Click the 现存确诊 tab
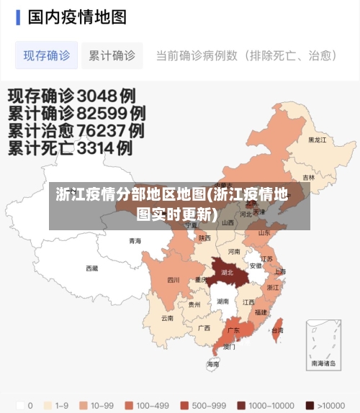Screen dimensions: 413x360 (47, 55)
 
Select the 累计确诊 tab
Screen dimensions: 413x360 (112, 55)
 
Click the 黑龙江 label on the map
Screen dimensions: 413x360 (318, 140)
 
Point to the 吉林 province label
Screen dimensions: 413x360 (309, 178)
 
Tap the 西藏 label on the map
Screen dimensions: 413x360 (92, 268)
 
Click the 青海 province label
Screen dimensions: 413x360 (135, 241)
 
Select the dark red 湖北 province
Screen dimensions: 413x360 (228, 273)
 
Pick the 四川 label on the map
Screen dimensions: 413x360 (174, 280)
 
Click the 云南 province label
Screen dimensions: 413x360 (167, 317)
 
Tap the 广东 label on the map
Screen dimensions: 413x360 (233, 330)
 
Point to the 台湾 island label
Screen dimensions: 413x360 (276, 330)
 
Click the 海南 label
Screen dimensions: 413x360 (213, 364)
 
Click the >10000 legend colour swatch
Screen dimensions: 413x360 (310, 404)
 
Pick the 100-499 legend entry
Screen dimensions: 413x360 (147, 404)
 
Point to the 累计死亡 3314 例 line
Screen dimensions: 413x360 (70, 149)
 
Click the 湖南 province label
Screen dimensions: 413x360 (223, 301)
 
